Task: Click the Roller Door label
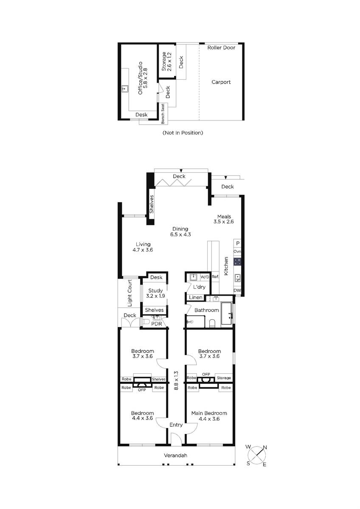point(221,48)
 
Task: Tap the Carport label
point(221,82)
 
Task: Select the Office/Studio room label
point(143,78)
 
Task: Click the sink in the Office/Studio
point(125,89)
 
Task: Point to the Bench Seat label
point(163,114)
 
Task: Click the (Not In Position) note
point(183,132)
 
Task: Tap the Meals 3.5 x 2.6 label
point(224,219)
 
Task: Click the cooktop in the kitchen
point(237,262)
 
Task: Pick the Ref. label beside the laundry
point(215,277)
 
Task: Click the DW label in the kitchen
point(237,291)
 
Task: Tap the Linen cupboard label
point(196,297)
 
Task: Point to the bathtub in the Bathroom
point(226,313)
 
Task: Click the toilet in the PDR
point(146,322)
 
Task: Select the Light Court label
point(129,293)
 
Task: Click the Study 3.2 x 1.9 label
point(155,293)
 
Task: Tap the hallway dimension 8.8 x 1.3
point(176,380)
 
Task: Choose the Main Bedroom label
point(209,413)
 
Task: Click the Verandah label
point(175,456)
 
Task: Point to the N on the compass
point(265,447)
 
